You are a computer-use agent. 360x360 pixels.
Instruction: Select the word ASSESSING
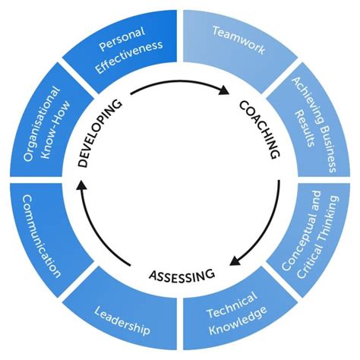181,274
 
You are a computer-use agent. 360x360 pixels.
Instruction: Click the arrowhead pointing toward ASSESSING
235,260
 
